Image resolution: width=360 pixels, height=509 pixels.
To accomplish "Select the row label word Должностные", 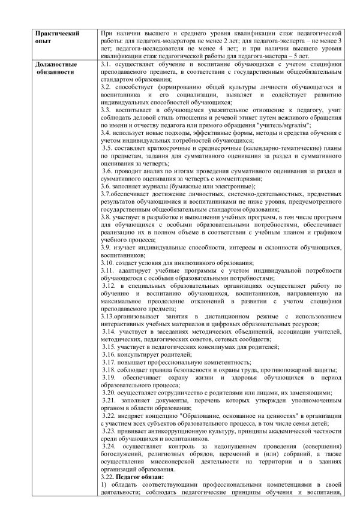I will [x=56, y=64].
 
